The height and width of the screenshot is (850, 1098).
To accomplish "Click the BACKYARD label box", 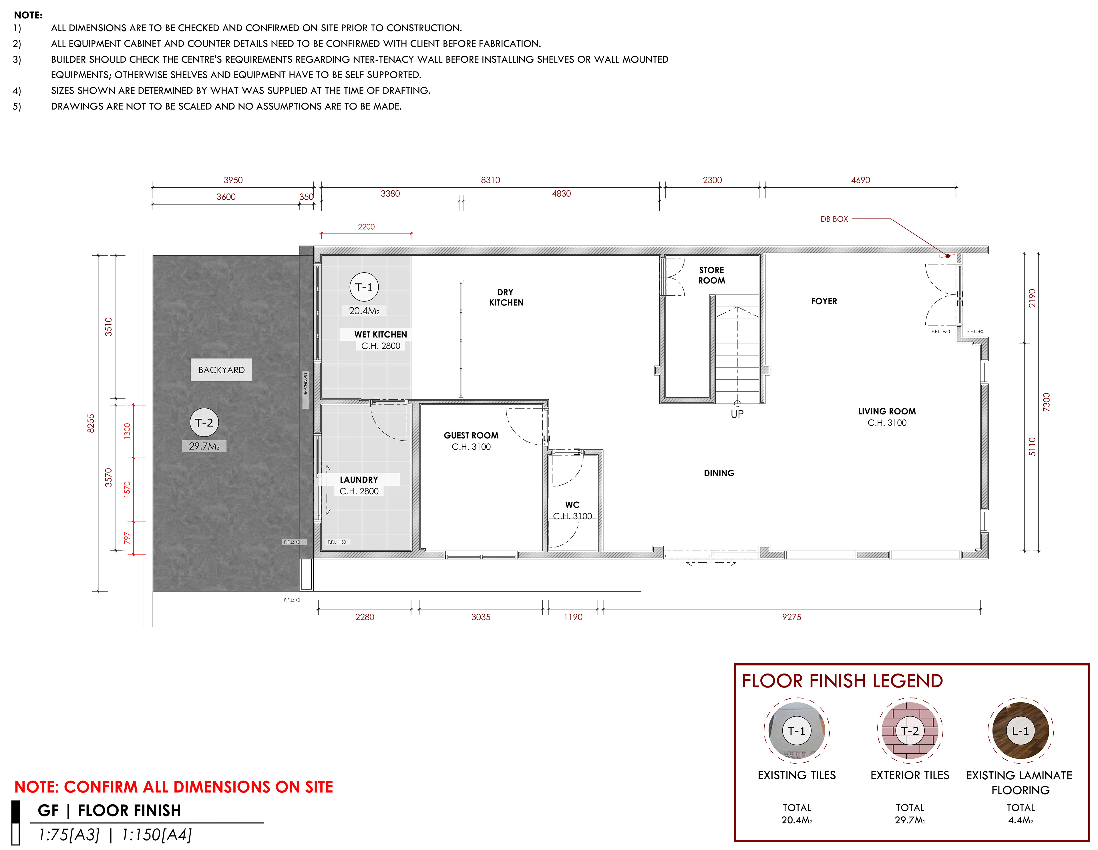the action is pos(221,370).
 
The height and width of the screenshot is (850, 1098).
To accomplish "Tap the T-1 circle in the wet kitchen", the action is pos(364,287).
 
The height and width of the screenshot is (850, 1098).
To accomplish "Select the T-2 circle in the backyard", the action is pos(204,422).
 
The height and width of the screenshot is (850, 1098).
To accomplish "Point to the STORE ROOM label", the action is pos(711,275).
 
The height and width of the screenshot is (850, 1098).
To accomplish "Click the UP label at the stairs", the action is pos(737,414).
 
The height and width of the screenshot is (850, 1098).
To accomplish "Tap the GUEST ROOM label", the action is pos(471,435).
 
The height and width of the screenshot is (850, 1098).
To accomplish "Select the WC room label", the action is pos(572,505).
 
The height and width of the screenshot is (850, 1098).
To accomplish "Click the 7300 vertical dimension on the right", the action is pos(1046,402).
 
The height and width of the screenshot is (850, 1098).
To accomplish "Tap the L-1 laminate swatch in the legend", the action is pos(1020,731).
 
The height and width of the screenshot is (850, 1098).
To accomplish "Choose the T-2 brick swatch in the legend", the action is pos(910,731).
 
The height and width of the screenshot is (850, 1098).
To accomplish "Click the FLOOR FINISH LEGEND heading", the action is pos(842,681).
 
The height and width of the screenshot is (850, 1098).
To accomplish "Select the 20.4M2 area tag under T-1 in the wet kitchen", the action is pos(364,311).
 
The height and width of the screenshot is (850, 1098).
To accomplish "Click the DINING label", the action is pos(719,473).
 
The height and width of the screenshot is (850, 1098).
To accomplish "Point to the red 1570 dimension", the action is pos(127,489).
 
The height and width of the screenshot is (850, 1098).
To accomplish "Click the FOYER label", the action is pos(824,301).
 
